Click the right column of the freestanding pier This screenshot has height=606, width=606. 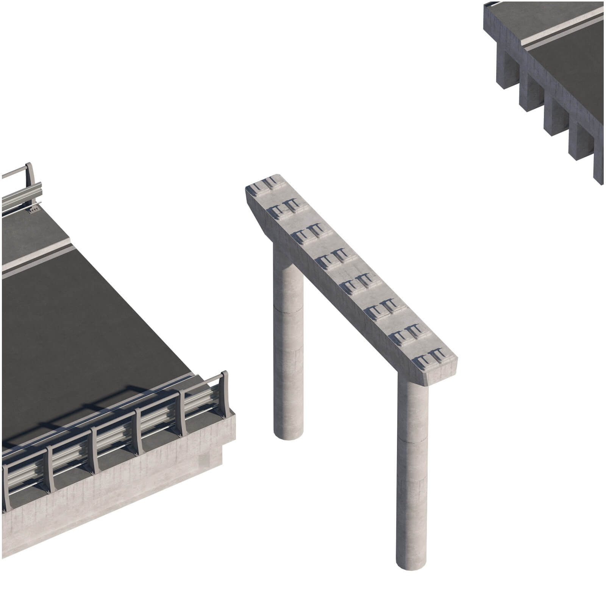click(413, 473)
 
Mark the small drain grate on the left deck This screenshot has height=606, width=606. click(33, 209)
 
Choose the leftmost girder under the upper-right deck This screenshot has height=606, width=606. click(506, 72)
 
